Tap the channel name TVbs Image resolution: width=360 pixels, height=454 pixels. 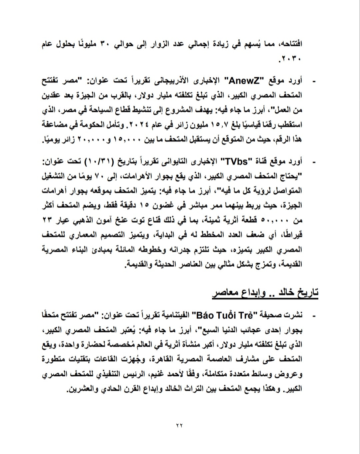[236, 162]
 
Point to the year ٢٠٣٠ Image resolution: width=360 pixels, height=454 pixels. [291, 60]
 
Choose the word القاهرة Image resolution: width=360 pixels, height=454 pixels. [165, 359]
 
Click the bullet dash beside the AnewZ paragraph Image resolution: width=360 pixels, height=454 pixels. [313, 81]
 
